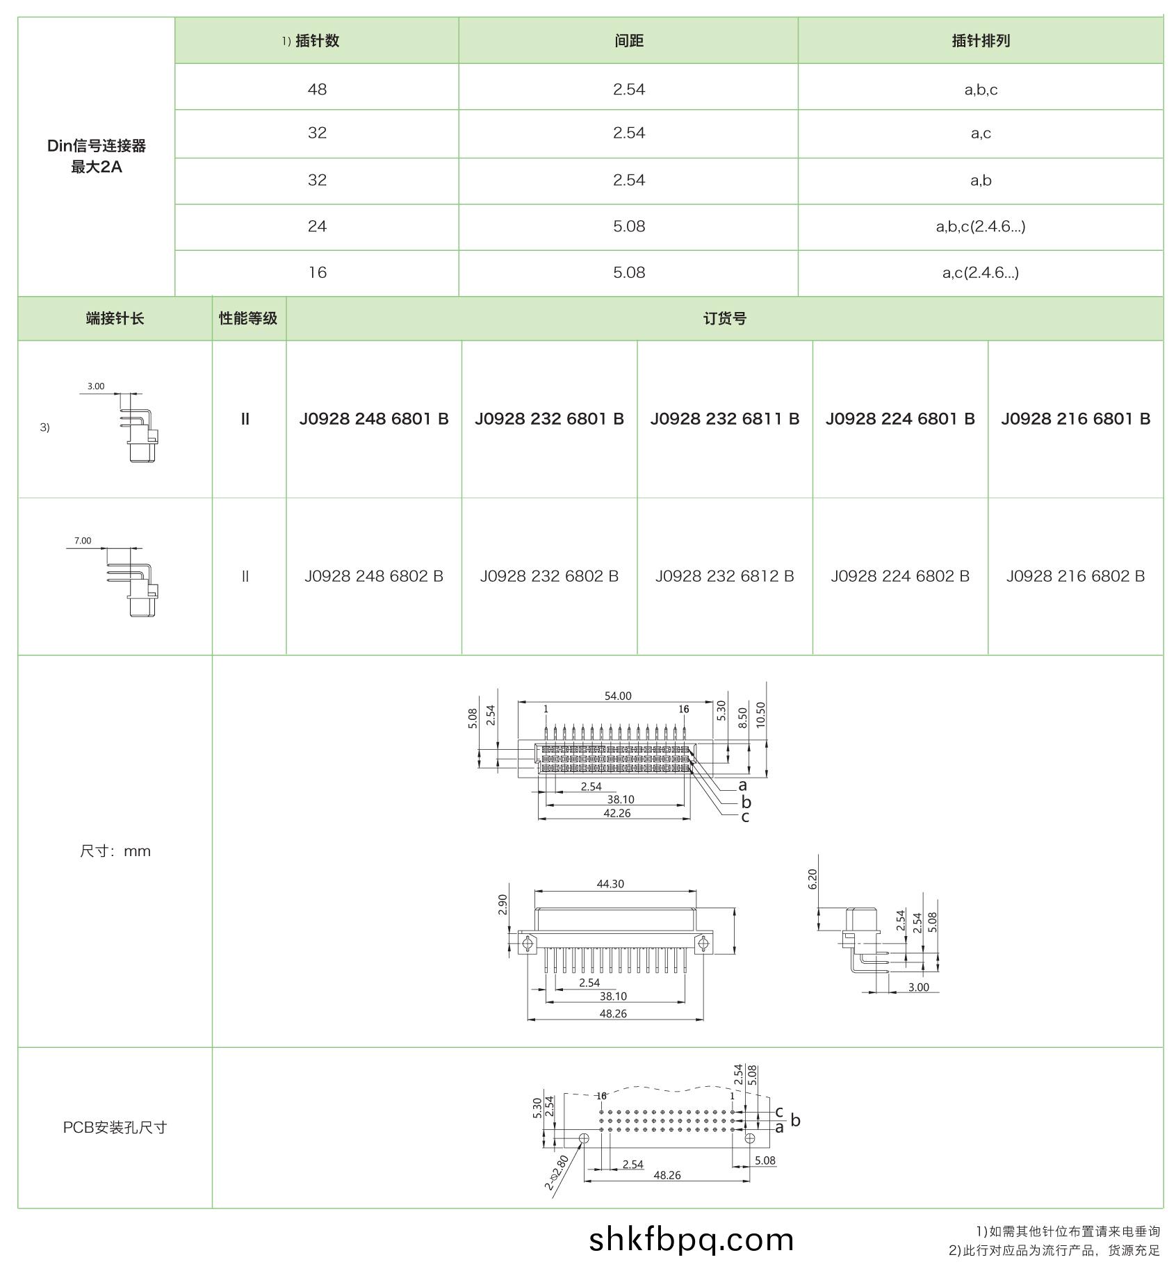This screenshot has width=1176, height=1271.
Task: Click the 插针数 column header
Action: click(x=317, y=41)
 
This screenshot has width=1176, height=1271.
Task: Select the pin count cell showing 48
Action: click(x=317, y=90)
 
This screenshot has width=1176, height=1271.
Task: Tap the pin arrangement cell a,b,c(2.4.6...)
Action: click(x=980, y=227)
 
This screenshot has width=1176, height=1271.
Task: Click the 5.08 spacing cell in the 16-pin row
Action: click(x=628, y=272)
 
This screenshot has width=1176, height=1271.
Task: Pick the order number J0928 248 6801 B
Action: click(x=374, y=419)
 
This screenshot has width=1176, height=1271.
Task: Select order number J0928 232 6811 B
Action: click(x=724, y=419)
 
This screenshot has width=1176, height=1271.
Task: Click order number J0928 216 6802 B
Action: click(x=1075, y=576)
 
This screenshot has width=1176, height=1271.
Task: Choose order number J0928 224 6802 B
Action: click(x=899, y=576)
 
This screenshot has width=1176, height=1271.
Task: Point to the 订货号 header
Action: click(x=724, y=319)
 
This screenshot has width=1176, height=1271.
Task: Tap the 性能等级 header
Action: click(x=248, y=319)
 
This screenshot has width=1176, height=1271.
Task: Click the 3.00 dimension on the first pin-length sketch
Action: click(x=96, y=386)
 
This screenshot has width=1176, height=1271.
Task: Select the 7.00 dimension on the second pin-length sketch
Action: click(x=83, y=541)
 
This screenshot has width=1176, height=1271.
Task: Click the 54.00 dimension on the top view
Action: click(x=617, y=696)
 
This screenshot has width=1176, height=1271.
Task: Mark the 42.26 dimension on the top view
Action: click(x=616, y=813)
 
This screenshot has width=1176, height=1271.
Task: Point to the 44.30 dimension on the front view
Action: click(x=610, y=884)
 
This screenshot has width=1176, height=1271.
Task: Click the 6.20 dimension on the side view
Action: click(x=812, y=879)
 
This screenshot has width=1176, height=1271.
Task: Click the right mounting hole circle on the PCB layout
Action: click(x=750, y=1138)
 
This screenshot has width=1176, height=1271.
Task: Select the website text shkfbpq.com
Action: click(x=691, y=1240)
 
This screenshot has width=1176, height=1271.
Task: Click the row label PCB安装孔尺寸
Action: click(x=115, y=1127)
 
